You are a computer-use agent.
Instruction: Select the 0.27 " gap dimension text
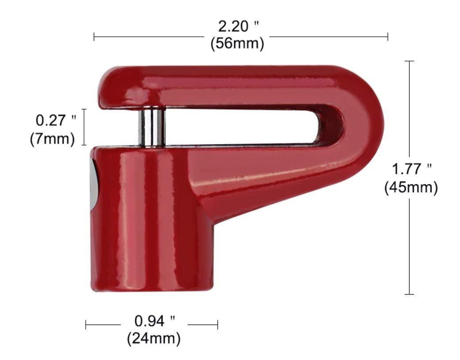pyautogui.click(x=56, y=120)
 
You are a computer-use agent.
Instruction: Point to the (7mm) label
pyautogui.click(x=52, y=138)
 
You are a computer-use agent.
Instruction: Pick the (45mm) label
pyautogui.click(x=411, y=188)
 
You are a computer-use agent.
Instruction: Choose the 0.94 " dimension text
pyautogui.click(x=154, y=320)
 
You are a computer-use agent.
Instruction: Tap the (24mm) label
pyautogui.click(x=154, y=339)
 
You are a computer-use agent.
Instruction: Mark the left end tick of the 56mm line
pyautogui.click(x=94, y=37)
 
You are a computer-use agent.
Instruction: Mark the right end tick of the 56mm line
pyautogui.click(x=388, y=37)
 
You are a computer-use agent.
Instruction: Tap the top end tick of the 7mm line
pyautogui.click(x=85, y=109)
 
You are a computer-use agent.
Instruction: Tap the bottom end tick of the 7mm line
pyautogui.click(x=85, y=145)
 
